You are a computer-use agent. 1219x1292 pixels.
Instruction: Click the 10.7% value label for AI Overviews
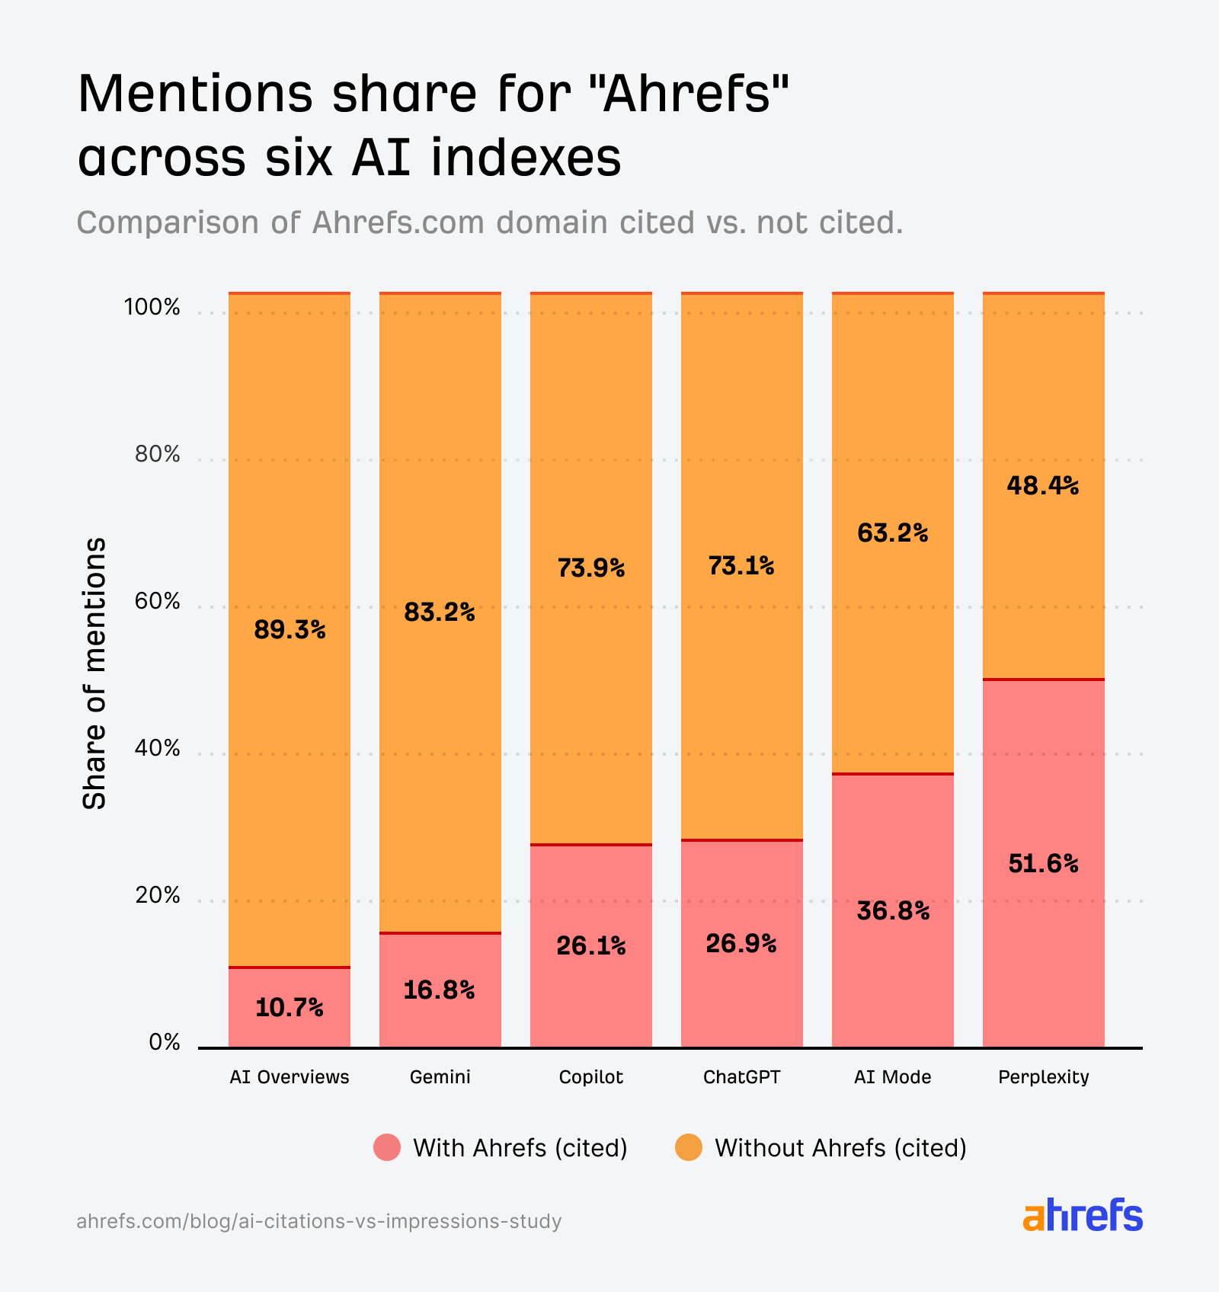[289, 1008]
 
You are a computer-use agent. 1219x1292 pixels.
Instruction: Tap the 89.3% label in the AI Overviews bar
[290, 630]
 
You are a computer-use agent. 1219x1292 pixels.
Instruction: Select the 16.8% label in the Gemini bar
[439, 990]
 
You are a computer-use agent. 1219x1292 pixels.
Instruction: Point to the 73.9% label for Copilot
[591, 568]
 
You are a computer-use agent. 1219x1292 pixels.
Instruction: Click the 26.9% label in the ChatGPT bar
[741, 944]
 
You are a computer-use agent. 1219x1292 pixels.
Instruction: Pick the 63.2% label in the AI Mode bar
[893, 533]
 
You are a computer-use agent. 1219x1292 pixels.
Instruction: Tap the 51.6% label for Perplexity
[1043, 864]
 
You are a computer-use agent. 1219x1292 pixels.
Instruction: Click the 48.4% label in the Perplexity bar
[1043, 486]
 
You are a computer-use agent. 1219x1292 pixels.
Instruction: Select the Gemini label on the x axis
[440, 1077]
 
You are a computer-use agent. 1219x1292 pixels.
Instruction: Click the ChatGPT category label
[741, 1077]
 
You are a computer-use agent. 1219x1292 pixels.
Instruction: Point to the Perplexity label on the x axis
[1043, 1077]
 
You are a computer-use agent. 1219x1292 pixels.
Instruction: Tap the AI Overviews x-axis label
[290, 1077]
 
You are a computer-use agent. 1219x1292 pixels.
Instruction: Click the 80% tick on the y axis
[158, 455]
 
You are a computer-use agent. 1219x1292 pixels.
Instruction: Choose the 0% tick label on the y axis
[165, 1042]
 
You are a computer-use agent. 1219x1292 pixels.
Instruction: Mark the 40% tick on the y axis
[158, 749]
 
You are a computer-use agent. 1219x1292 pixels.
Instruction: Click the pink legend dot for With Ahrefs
[387, 1147]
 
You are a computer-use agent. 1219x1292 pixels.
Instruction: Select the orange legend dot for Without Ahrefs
[689, 1147]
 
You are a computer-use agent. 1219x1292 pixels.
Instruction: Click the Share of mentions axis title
[94, 673]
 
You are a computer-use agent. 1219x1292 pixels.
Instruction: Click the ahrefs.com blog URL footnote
[319, 1221]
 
